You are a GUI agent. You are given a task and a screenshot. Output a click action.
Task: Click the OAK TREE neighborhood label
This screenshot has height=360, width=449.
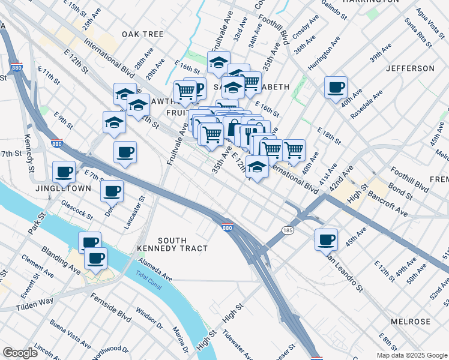pyautogui.click(x=142, y=34)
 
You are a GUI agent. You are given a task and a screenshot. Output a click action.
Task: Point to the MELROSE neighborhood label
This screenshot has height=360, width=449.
pyautogui.click(x=411, y=322)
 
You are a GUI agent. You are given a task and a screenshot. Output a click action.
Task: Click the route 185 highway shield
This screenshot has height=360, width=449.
pyautogui.click(x=287, y=230)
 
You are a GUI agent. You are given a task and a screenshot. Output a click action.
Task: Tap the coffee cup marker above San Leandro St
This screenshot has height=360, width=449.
pyautogui.click(x=326, y=239)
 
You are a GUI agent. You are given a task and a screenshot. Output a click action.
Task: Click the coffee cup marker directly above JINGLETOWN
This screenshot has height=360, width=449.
pyautogui.click(x=64, y=172)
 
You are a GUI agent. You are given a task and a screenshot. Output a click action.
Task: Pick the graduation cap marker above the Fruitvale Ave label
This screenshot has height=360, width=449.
pyautogui.click(x=219, y=62)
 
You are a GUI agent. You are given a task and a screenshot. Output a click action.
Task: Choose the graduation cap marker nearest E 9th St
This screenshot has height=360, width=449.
pyautogui.click(x=113, y=122)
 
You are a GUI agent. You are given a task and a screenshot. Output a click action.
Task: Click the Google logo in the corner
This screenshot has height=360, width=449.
pyautogui.click(x=20, y=353)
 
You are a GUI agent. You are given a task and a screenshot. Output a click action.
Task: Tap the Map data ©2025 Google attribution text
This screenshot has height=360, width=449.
pyautogui.click(x=412, y=355)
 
